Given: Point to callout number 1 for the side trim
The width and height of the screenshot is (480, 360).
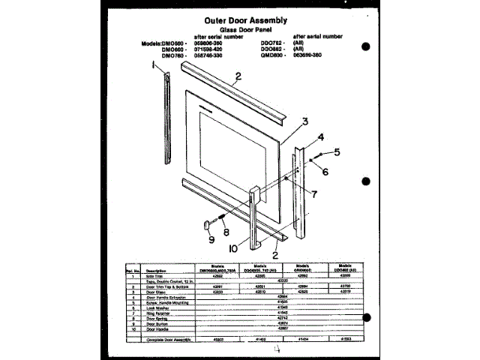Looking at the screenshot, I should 153,65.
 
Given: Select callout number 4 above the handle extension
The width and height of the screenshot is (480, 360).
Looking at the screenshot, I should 320,136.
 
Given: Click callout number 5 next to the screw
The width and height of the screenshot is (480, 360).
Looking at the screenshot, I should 337,152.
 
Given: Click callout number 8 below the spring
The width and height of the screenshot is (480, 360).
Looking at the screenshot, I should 226,232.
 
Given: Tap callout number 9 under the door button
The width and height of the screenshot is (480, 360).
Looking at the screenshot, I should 211,240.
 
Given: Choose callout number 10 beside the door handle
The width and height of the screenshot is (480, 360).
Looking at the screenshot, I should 233,247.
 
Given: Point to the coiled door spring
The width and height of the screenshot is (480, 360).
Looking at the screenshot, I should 222,218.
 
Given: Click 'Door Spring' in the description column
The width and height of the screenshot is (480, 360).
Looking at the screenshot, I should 158,317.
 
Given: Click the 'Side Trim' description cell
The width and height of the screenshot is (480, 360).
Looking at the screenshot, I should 156,277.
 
